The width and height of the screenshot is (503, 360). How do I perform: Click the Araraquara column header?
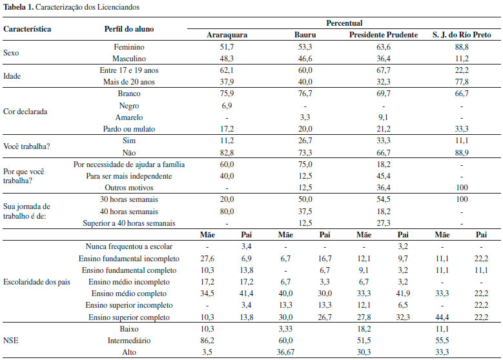pos(227,34)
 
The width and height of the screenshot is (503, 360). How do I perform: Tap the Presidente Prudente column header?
pos(384,34)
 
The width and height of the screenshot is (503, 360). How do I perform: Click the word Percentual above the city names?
pos(344,23)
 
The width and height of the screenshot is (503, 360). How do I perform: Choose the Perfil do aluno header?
pos(129,29)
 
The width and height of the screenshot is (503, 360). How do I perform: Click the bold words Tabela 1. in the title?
pos(17,6)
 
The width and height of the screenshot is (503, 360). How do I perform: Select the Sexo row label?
pos(12,52)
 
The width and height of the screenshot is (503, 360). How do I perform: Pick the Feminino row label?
pos(129,46)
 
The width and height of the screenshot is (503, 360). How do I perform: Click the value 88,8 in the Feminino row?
pos(460,46)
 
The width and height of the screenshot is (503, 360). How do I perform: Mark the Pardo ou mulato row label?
pos(129,129)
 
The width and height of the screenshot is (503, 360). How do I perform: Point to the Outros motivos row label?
pos(129,188)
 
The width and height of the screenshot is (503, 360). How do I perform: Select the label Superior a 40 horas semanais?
pos(129,223)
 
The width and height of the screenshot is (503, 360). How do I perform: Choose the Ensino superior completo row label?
pos(129,317)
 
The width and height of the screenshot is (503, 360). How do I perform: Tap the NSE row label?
pos(11,341)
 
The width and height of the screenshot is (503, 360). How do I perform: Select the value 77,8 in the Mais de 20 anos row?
pos(460,82)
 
